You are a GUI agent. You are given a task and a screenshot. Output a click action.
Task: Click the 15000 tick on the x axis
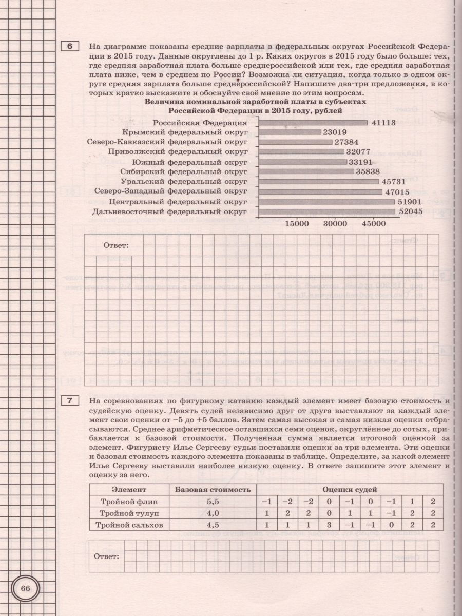pos(296,224)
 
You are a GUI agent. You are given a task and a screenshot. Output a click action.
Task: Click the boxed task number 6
pos(70,47)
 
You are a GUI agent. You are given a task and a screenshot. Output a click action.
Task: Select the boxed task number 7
pos(70,400)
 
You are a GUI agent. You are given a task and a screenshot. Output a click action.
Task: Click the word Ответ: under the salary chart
pos(116,245)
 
